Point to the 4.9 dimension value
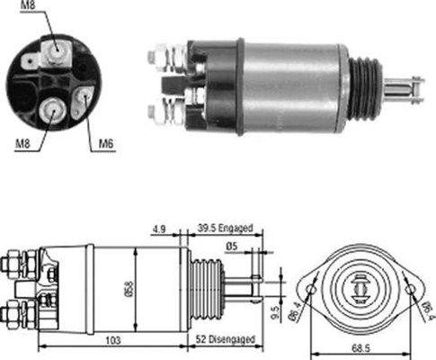coord(157,228)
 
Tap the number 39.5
coord(208,228)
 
